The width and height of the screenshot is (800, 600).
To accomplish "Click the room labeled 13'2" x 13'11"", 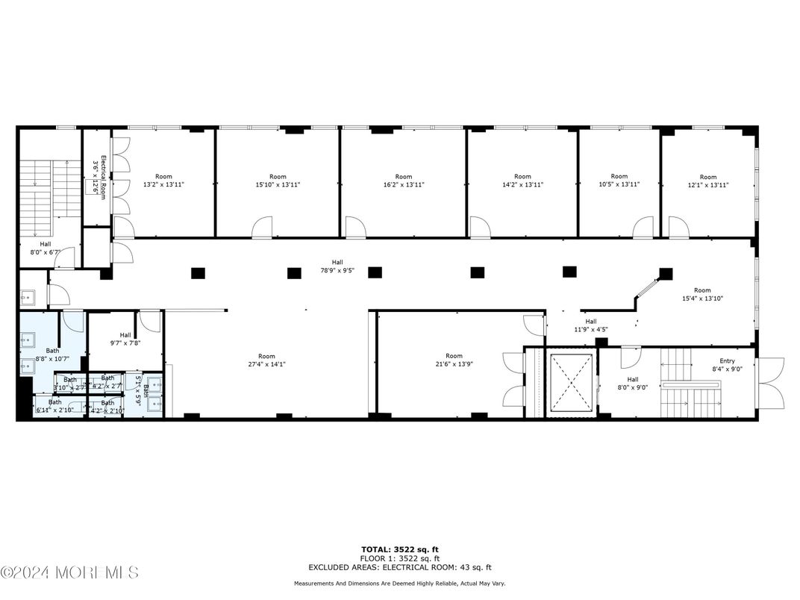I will (163, 181).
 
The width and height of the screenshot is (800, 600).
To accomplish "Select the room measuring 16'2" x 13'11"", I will (404, 181).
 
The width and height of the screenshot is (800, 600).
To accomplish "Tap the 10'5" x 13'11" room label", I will (619, 181).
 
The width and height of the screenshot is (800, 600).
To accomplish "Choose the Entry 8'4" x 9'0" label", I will (727, 365).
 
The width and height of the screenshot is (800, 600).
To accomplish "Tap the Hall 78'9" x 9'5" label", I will (337, 266).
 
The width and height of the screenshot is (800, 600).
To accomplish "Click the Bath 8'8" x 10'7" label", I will (52, 354).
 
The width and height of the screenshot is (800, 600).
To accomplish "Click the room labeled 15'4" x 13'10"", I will (702, 294).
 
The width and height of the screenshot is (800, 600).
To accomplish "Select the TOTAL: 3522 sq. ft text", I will (400, 550).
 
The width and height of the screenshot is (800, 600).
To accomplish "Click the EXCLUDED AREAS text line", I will (400, 567).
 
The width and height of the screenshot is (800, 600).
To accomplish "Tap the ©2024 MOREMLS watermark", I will (69, 573).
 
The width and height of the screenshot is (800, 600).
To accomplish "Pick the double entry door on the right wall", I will (772, 383).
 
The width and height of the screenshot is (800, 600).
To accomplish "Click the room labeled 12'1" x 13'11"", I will (707, 181).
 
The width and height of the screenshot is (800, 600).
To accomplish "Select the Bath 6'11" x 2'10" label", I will (55, 406).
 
